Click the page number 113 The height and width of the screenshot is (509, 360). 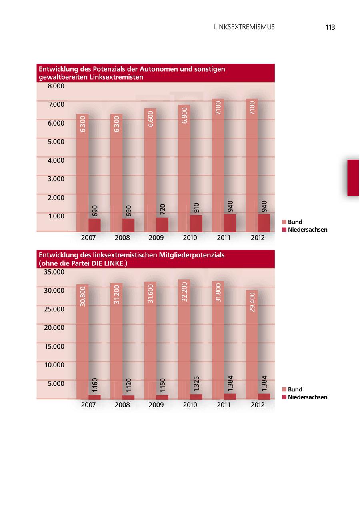330,27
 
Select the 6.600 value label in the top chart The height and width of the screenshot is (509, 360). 150,119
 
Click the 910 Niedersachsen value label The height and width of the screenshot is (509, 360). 196,208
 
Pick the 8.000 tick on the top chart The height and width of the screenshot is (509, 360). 56,86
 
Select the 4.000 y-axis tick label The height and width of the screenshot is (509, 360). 56,160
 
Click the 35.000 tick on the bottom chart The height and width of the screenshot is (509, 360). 54,272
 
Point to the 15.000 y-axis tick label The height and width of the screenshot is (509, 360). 54,346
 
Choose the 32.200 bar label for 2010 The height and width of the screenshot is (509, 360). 184,292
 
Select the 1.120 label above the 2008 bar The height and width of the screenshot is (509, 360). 129,385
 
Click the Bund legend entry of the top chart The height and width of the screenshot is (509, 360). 295,222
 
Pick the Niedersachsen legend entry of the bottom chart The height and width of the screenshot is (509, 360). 307,397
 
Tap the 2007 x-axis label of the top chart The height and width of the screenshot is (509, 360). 88,238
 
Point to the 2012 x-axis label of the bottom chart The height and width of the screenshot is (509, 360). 258,405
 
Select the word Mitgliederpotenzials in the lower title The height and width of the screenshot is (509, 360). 190,255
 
